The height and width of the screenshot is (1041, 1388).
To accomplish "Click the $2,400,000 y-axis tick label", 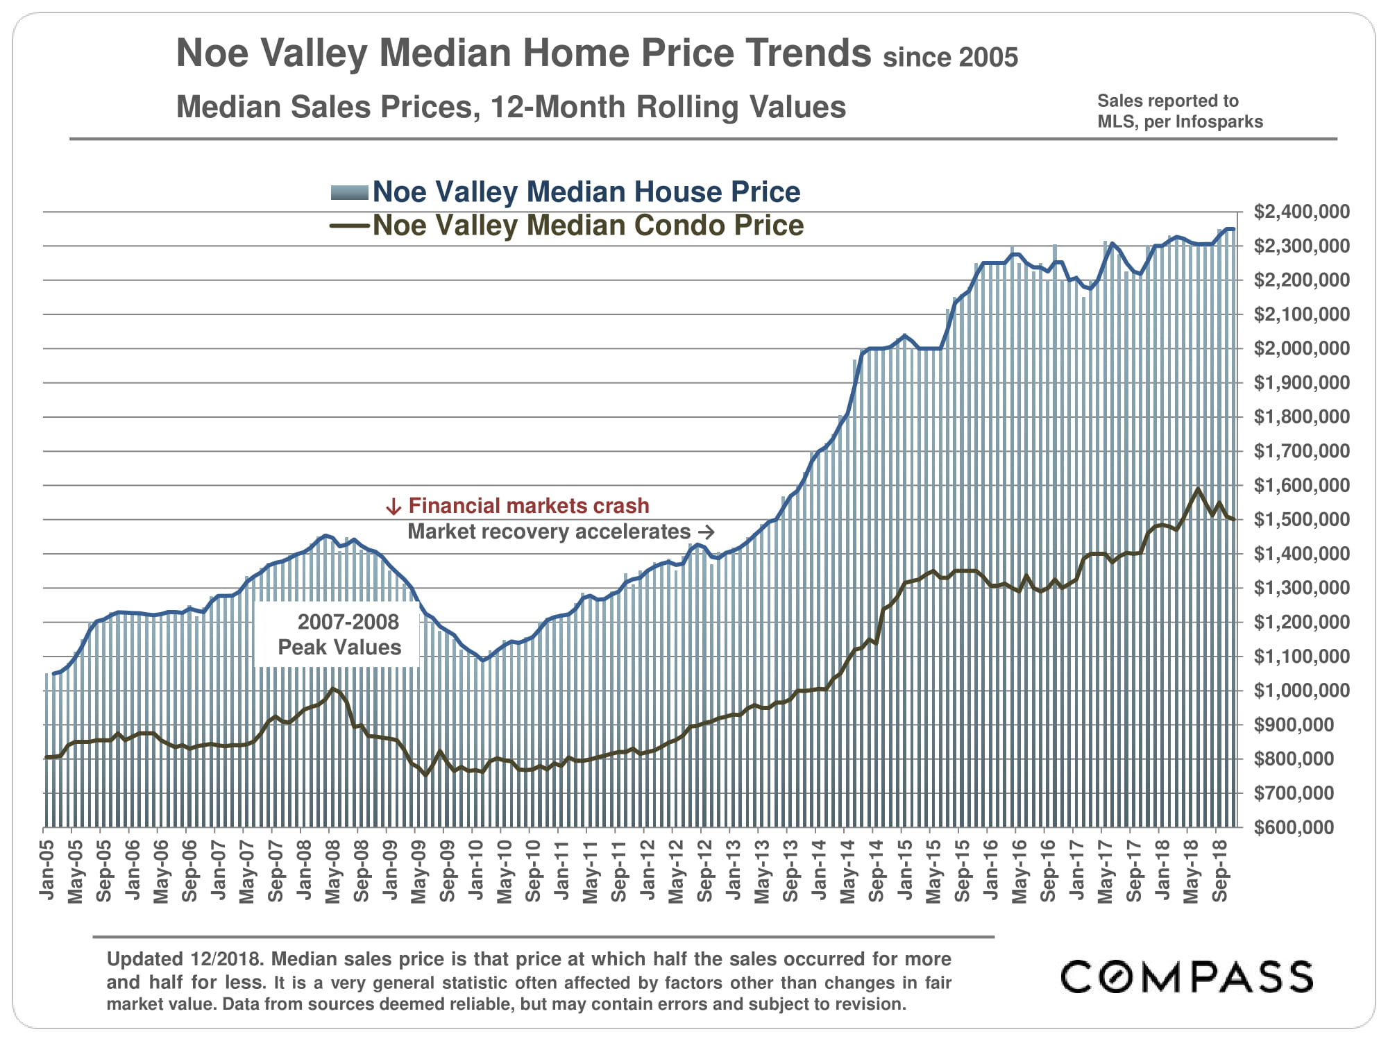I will click(x=1301, y=212).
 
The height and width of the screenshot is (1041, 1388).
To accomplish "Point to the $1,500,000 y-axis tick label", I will click(x=1301, y=520).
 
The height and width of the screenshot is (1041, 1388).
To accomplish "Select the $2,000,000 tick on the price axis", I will click(x=1301, y=348).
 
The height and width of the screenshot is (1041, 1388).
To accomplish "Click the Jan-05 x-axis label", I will click(x=47, y=870).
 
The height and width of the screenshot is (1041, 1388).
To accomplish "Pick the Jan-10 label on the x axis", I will click(x=476, y=870).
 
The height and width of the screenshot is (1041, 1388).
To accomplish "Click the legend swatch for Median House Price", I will click(x=349, y=193).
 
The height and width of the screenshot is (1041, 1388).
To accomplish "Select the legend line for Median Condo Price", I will click(x=349, y=226).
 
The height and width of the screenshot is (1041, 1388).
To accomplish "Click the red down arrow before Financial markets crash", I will click(x=393, y=507).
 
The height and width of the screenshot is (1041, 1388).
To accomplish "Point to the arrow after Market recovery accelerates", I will click(x=706, y=532).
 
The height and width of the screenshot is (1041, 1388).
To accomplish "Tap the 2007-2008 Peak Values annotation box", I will click(x=339, y=634).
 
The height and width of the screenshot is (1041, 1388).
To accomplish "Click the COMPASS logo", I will click(x=1187, y=976).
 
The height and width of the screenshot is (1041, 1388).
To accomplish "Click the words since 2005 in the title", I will click(x=950, y=58).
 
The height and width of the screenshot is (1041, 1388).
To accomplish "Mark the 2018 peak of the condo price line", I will click(x=1198, y=489).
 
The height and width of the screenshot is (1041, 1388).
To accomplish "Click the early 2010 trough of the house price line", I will click(x=483, y=659).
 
